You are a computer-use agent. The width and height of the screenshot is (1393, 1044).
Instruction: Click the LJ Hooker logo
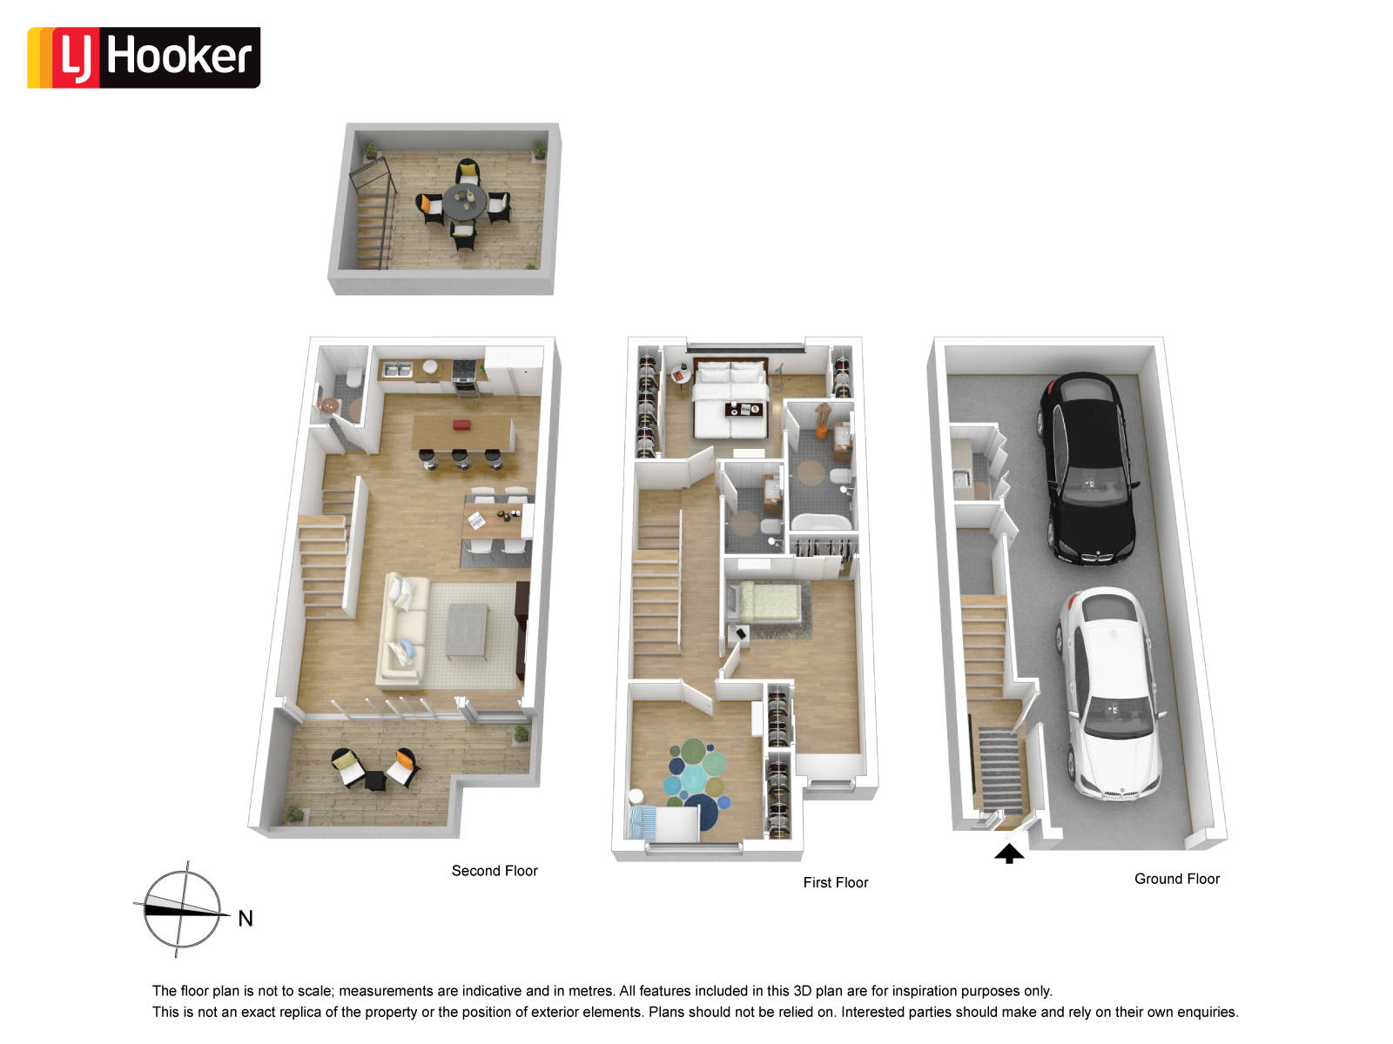[x=144, y=57]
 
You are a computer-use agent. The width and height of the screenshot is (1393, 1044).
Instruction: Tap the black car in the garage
[x=1087, y=468]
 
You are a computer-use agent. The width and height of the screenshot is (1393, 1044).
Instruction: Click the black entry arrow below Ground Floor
[x=1008, y=853]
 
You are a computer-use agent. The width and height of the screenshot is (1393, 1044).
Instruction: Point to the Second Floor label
[x=495, y=871]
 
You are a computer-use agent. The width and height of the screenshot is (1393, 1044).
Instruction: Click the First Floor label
[x=835, y=882]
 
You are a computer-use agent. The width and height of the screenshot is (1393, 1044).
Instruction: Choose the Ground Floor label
[x=1176, y=879]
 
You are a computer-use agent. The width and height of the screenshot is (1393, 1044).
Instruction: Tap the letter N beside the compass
[x=246, y=919]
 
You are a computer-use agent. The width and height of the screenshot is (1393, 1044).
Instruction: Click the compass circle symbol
[x=182, y=910]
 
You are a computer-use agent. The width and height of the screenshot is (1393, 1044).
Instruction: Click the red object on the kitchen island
[x=461, y=425]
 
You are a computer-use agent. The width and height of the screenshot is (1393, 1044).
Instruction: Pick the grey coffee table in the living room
[x=468, y=631]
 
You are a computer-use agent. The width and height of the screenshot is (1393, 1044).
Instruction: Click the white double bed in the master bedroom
[x=730, y=399]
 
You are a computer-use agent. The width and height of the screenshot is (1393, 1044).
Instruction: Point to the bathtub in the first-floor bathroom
[x=820, y=522]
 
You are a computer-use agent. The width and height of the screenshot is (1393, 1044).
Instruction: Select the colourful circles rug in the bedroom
[x=696, y=783]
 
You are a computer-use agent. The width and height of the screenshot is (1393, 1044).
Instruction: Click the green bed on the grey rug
[x=769, y=601]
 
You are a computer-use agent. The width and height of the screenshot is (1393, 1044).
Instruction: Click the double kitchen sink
[x=397, y=369]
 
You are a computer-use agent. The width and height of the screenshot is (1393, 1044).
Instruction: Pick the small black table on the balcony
[x=375, y=780]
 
